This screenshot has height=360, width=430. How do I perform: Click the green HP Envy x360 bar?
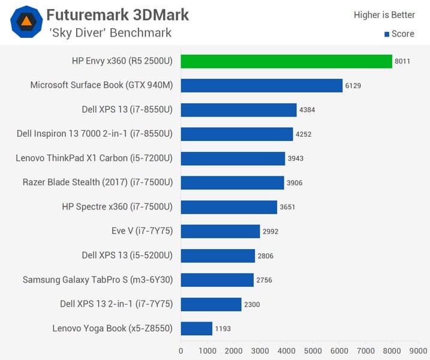(x=286, y=61)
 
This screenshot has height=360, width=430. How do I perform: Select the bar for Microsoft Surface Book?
(x=261, y=85)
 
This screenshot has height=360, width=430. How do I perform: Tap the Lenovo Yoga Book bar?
(x=197, y=328)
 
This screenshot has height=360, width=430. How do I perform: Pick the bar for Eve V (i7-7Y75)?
(x=220, y=231)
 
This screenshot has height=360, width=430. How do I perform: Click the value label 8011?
(x=402, y=61)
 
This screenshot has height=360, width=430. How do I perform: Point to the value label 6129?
(x=353, y=86)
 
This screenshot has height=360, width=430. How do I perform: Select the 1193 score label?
(x=223, y=329)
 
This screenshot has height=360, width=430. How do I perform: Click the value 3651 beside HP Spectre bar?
(x=288, y=207)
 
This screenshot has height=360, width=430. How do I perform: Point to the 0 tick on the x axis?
(x=181, y=350)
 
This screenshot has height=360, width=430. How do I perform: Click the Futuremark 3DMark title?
(x=118, y=14)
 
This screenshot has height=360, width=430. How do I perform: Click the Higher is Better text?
(x=384, y=14)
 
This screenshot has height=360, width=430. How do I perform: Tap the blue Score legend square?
(x=387, y=34)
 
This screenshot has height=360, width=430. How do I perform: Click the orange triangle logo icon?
(x=26, y=22)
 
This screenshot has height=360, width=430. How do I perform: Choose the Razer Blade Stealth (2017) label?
(x=98, y=182)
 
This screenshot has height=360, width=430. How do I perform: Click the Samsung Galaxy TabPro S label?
(x=98, y=280)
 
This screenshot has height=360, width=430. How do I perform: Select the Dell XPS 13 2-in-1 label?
(x=116, y=304)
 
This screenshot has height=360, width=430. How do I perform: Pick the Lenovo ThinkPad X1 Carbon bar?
(x=233, y=158)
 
